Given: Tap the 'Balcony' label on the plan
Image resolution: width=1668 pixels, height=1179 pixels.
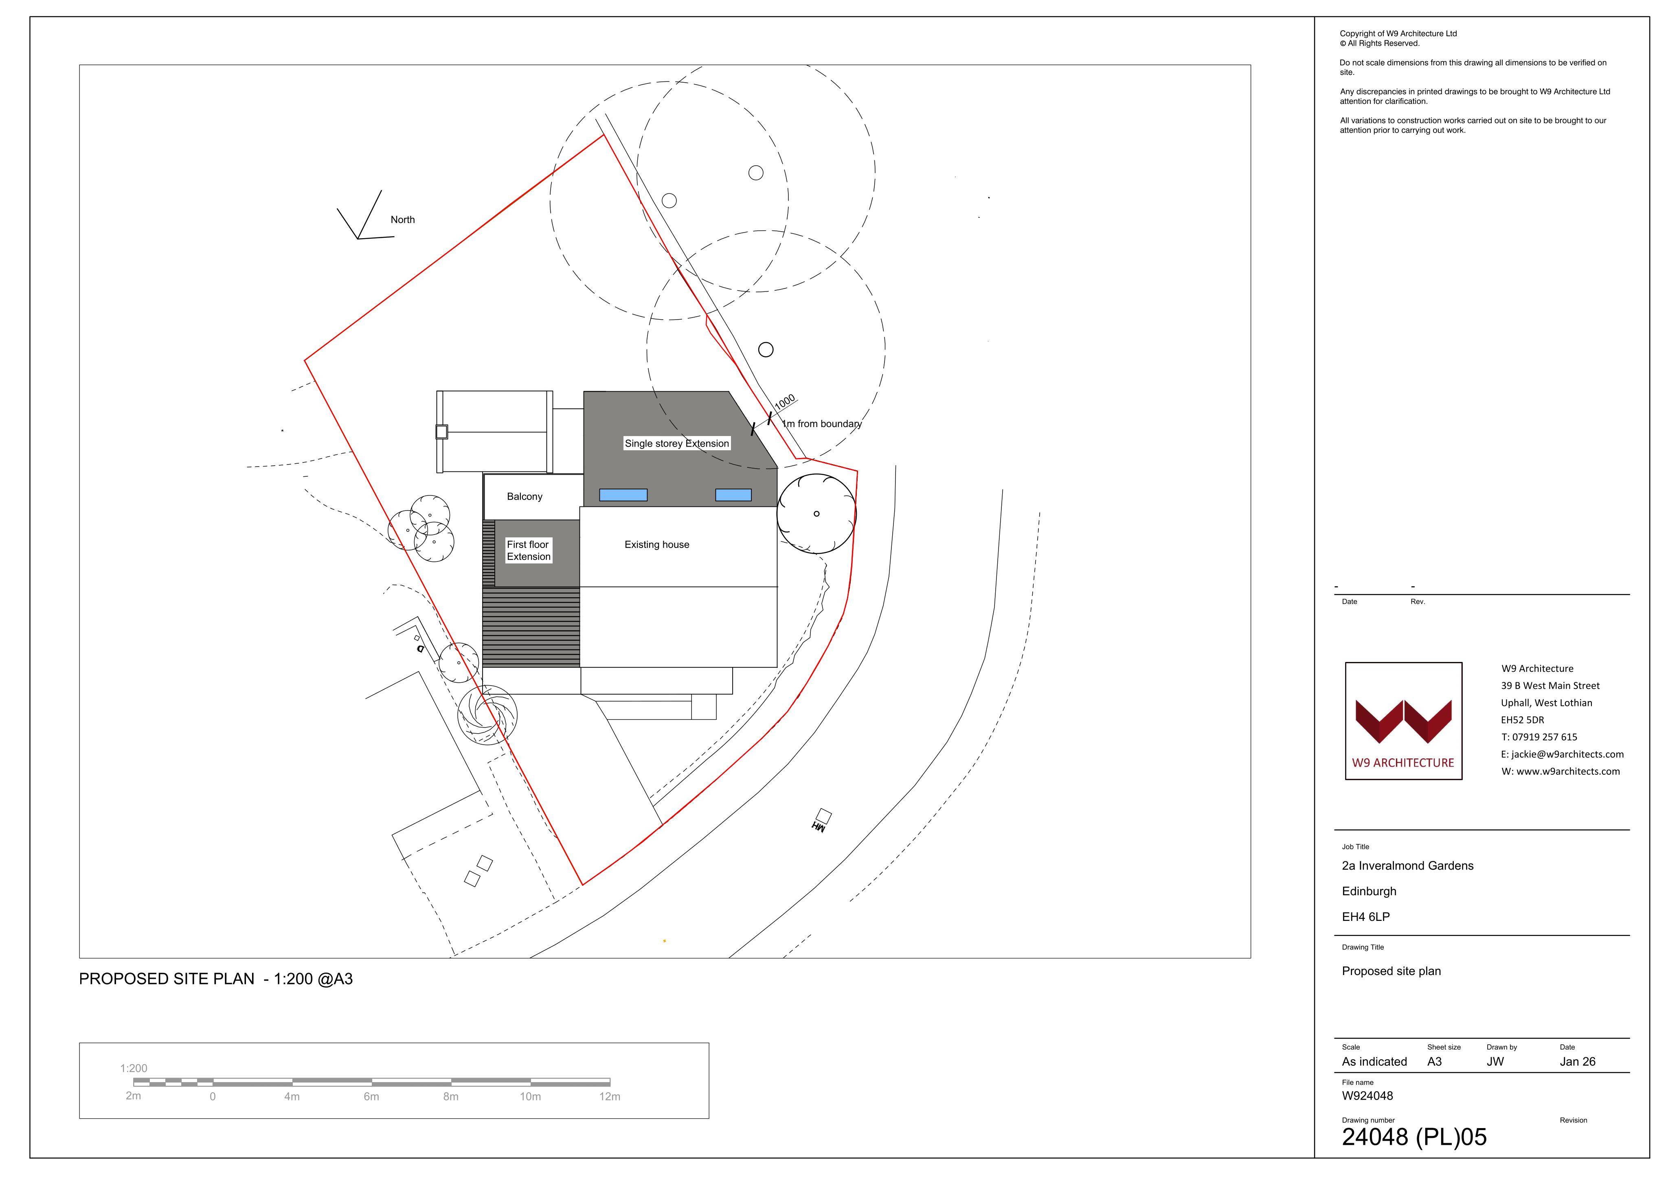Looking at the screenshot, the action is (x=525, y=497).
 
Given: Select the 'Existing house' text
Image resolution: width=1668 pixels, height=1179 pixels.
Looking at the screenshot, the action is (x=657, y=545).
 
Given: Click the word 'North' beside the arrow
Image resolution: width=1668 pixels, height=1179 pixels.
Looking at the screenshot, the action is (x=402, y=219).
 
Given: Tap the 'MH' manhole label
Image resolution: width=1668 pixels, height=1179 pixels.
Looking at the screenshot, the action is (x=819, y=827).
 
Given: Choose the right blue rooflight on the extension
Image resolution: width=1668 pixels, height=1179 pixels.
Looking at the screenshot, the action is (x=733, y=495).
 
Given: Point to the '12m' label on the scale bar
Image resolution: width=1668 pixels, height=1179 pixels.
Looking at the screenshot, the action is (x=610, y=1096).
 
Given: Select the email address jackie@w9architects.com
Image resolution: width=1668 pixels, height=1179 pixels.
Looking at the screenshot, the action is (x=1562, y=754).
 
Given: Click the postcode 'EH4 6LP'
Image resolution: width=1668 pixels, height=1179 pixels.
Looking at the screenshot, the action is (x=1366, y=917).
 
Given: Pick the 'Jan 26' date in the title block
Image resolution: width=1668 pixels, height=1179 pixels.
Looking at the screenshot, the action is (x=1577, y=1061).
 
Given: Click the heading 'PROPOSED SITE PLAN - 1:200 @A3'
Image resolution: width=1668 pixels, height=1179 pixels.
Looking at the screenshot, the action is (x=216, y=979).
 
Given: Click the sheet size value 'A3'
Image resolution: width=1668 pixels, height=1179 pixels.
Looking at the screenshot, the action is (x=1434, y=1061).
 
